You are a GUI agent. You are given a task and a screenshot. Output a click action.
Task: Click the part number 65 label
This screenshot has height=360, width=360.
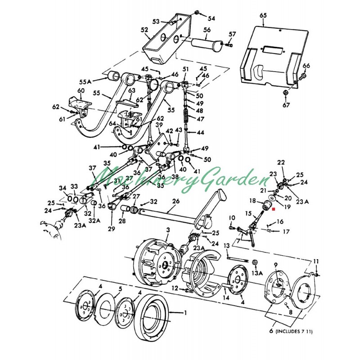(263, 15)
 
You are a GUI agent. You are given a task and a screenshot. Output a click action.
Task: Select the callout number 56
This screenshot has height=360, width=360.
(207, 30)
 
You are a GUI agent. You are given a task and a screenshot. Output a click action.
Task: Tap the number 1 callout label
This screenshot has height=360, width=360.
(185, 312)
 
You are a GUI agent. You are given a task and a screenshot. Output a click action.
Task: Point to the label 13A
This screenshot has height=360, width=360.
(257, 273)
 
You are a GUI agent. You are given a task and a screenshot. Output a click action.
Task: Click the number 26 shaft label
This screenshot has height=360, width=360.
(176, 201)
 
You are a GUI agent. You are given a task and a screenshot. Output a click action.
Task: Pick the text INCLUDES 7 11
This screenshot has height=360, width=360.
(294, 331)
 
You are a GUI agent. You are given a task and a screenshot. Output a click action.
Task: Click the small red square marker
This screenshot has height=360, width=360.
(274, 209)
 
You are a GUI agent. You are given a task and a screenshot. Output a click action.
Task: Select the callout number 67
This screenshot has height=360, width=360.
(286, 105)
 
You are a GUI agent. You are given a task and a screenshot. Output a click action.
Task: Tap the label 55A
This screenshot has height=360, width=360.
(85, 82)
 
